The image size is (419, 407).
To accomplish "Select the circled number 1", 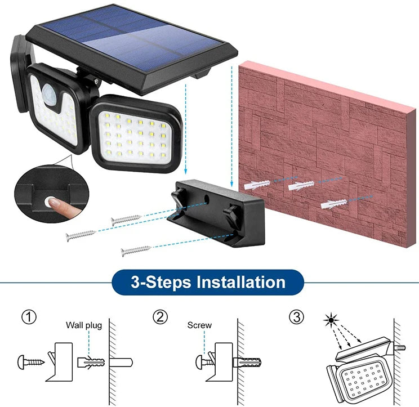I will pyautogui.click(x=29, y=317).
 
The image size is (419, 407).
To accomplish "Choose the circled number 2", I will pyautogui.click(x=161, y=317).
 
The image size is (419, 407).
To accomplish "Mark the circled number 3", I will pyautogui.click(x=297, y=317).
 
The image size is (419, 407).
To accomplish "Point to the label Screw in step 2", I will pyautogui.click(x=199, y=325).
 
